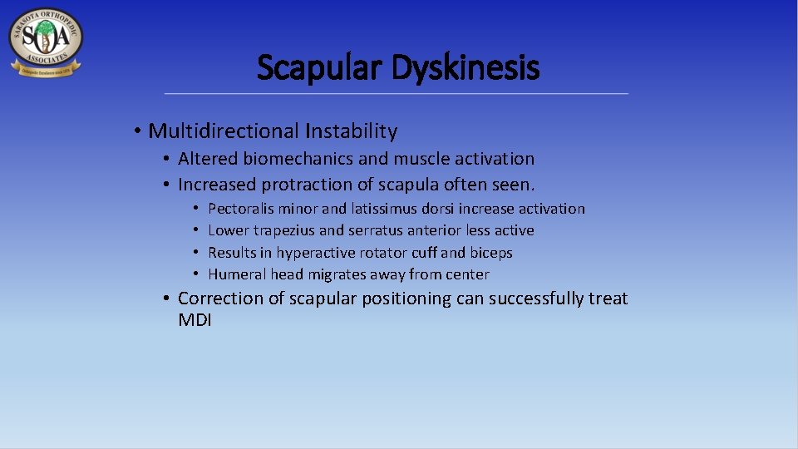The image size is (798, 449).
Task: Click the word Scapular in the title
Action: [x=320, y=67]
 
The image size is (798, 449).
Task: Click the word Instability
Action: [x=351, y=131]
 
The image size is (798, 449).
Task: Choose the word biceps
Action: [x=491, y=253]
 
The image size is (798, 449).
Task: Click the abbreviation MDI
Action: [x=195, y=320]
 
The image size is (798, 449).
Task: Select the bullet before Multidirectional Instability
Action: [x=136, y=131]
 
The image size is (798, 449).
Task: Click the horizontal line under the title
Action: [x=397, y=93]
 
